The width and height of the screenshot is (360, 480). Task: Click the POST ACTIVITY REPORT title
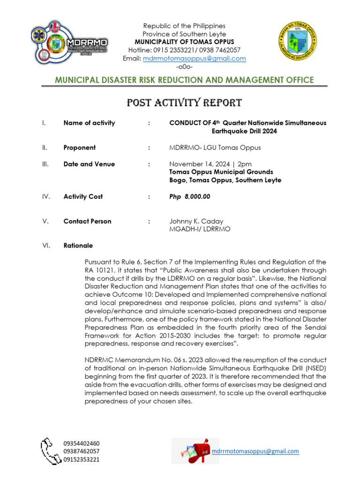[x=184, y=103]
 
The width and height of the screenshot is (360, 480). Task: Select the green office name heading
[x=184, y=80]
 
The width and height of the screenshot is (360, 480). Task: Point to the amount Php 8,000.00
[x=189, y=197]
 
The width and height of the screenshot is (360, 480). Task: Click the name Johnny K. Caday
[x=196, y=221]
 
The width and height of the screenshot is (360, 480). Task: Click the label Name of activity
[x=89, y=123]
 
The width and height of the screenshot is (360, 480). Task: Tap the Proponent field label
[x=80, y=148]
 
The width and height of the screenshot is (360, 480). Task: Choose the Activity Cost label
[x=83, y=197]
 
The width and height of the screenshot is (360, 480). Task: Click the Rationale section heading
[x=78, y=246]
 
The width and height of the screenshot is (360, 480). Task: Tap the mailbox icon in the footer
[x=191, y=451]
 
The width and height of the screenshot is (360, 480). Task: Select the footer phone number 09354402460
[x=81, y=443]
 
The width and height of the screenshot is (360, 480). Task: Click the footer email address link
[x=255, y=451]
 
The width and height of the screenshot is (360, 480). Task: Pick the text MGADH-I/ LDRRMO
[x=199, y=229]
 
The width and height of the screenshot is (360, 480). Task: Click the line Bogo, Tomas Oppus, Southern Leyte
[x=225, y=180]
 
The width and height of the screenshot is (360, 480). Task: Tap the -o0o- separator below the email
[x=184, y=67]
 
